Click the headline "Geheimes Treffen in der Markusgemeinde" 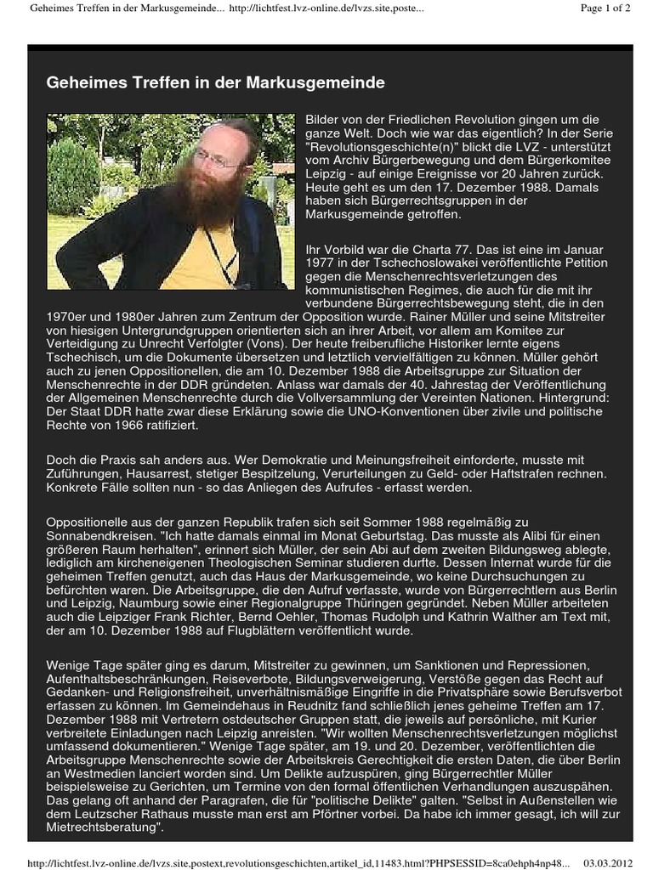[x=215, y=82]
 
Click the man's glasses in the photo [x=216, y=159]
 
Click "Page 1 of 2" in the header [x=605, y=8]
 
